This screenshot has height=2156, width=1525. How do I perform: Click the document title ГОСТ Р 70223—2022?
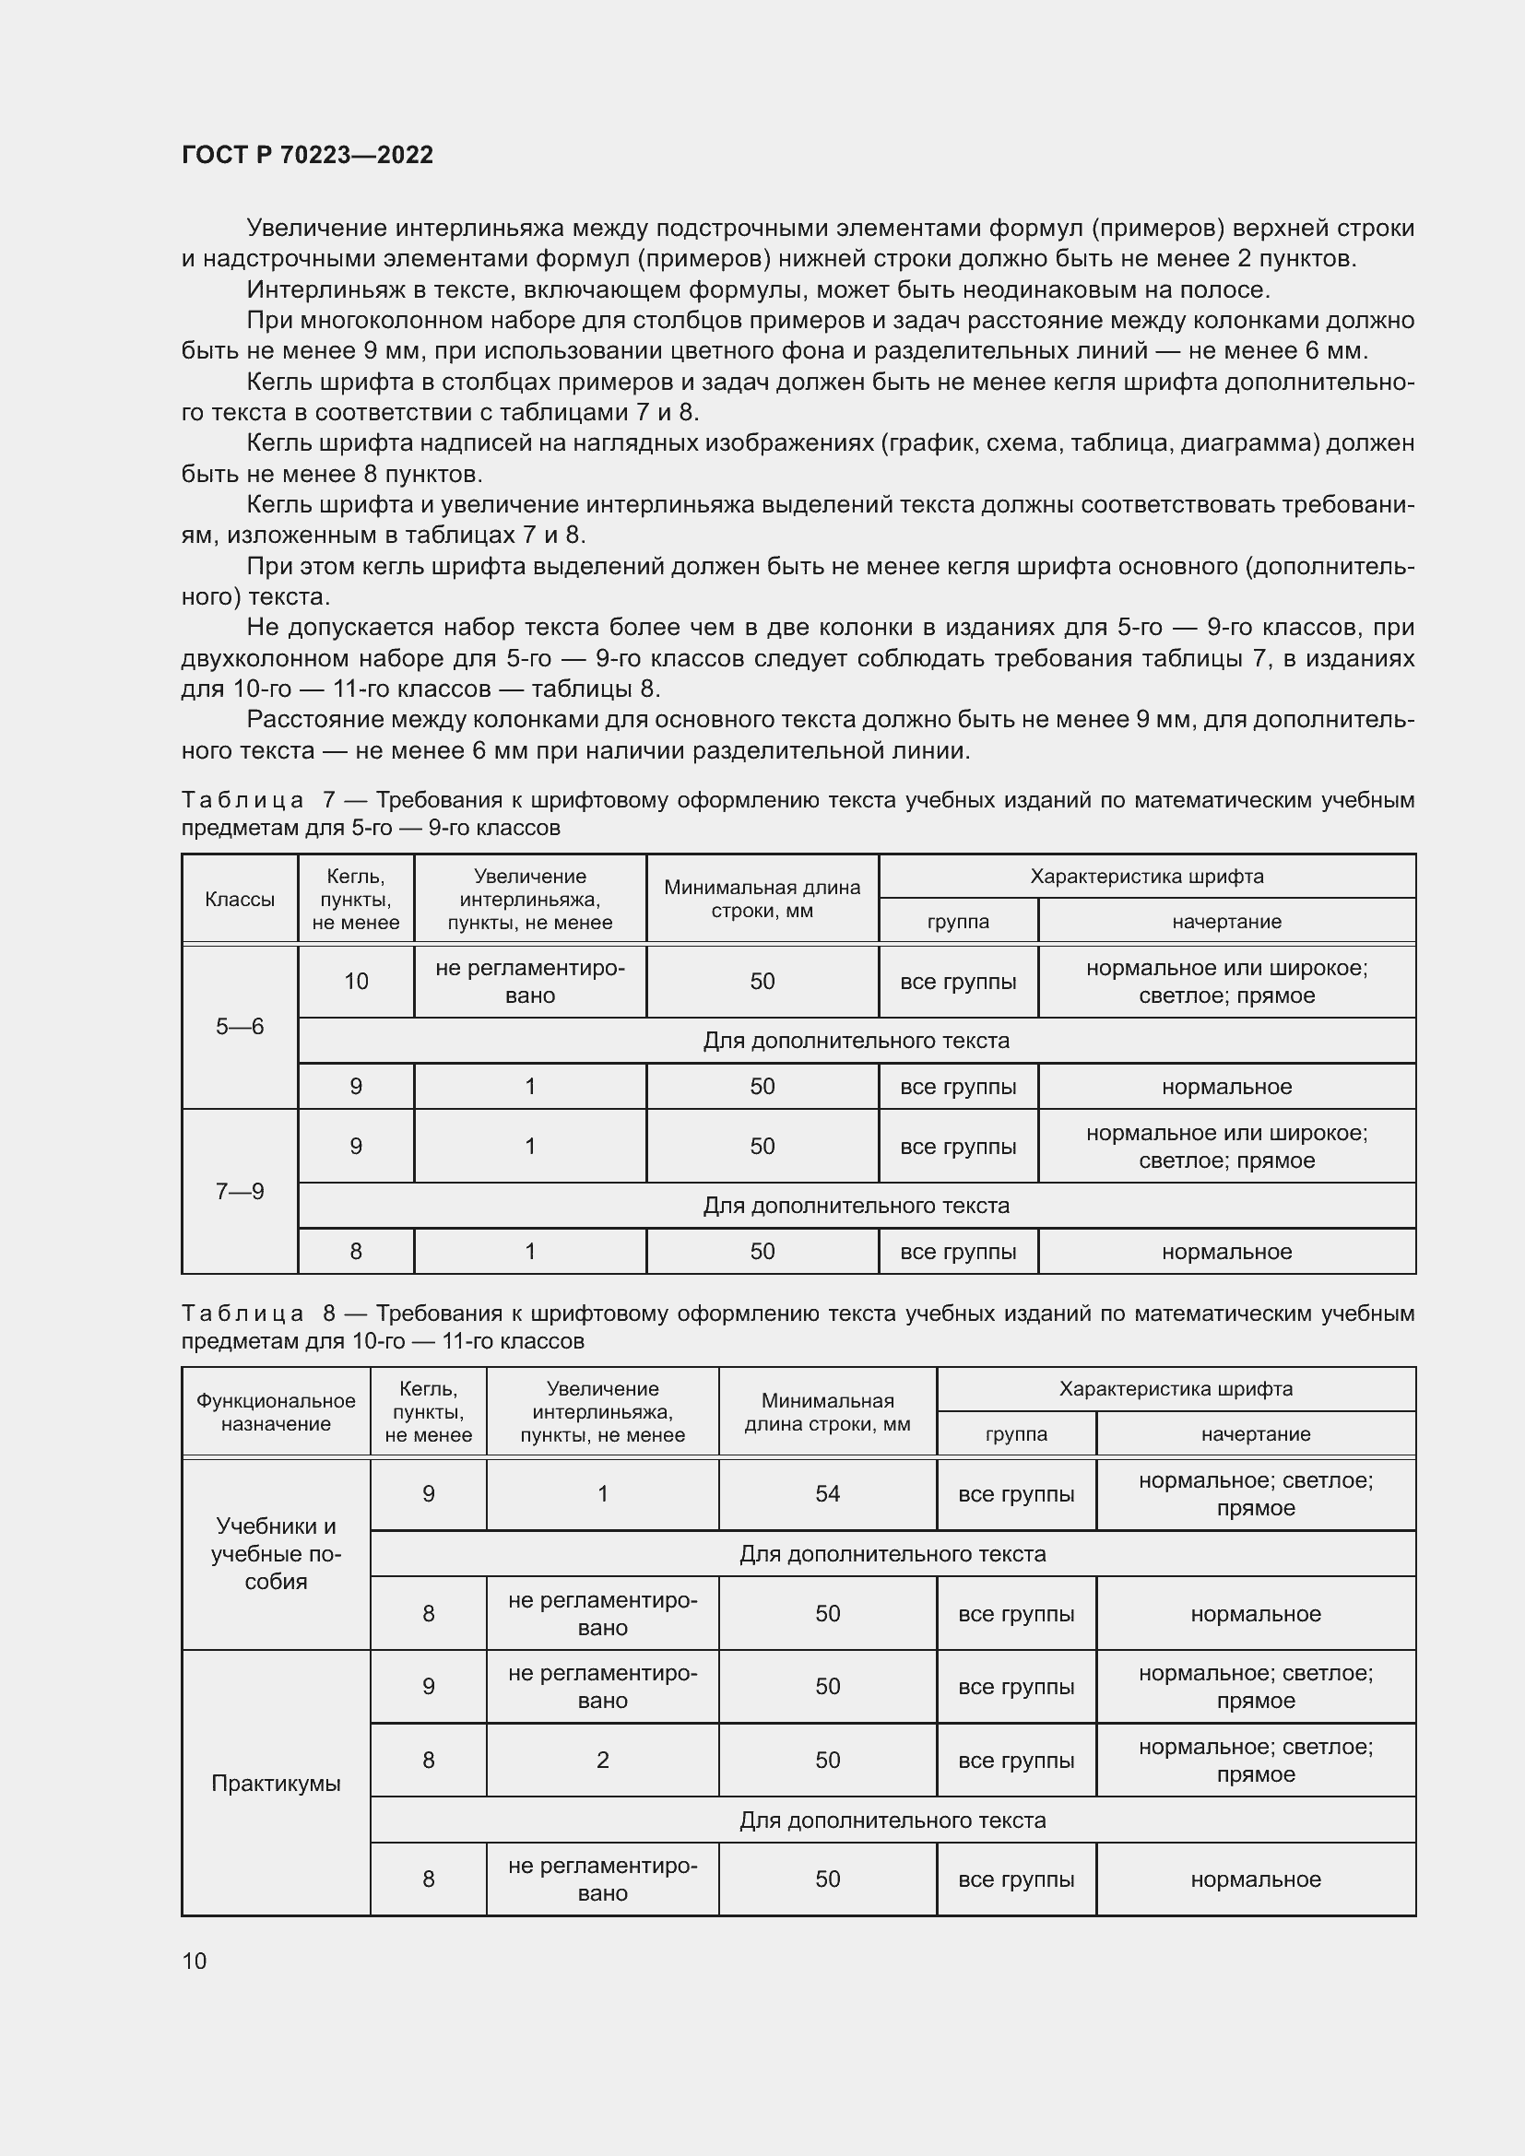(x=307, y=155)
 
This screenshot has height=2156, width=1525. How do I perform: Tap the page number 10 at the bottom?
(x=195, y=1961)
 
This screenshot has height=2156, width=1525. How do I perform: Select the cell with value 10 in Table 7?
(x=356, y=982)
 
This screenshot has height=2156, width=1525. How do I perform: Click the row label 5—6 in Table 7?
(x=240, y=1026)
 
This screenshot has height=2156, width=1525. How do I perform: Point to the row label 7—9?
(x=240, y=1191)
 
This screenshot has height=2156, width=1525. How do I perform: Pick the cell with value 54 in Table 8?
(x=827, y=1494)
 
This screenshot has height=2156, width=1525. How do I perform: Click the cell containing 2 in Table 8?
(x=603, y=1760)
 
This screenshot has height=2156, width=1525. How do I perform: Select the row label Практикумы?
(x=275, y=1784)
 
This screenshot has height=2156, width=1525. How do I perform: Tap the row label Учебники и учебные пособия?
(x=275, y=1554)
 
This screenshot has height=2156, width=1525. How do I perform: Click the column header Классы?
(x=240, y=899)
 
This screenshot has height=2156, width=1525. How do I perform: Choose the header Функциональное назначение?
(x=275, y=1412)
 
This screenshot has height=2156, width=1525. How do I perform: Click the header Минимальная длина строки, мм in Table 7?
(x=762, y=899)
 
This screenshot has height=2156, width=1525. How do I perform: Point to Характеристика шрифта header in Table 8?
(x=1176, y=1389)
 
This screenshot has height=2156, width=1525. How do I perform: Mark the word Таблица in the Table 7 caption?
(x=242, y=800)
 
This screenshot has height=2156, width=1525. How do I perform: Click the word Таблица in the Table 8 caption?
(x=242, y=1313)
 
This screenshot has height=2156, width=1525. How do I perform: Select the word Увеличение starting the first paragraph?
(x=316, y=229)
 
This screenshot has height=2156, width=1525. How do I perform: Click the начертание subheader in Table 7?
(x=1226, y=921)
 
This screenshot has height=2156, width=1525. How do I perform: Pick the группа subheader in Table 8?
(x=1016, y=1434)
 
